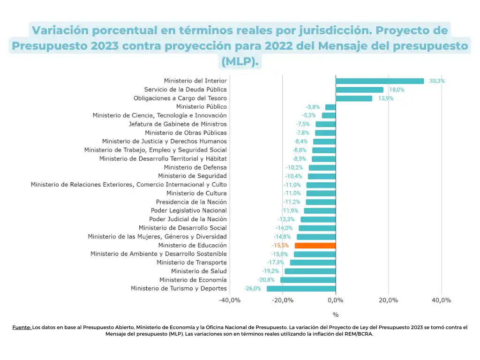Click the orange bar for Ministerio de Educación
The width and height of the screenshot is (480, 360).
(315, 245)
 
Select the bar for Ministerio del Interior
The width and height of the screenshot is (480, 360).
(380, 81)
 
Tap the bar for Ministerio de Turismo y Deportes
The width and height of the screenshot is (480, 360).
(301, 289)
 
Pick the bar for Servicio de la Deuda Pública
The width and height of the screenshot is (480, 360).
(360, 90)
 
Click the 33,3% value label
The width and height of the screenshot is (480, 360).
(437, 81)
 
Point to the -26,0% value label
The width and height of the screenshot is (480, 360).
(253, 289)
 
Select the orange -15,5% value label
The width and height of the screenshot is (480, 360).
(280, 245)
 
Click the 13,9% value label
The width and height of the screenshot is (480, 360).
(386, 98)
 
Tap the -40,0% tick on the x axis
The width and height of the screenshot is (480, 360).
(230, 300)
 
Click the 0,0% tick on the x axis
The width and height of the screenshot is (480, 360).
(336, 300)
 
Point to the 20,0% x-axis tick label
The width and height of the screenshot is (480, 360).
(389, 300)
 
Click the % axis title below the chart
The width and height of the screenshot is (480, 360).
(336, 315)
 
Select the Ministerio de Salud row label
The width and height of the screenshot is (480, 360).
(199, 271)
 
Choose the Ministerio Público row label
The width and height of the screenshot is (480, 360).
(201, 107)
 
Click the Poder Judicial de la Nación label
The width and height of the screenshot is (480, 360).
(188, 219)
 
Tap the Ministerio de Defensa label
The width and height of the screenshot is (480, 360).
(195, 167)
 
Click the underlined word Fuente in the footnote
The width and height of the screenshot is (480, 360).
(22, 328)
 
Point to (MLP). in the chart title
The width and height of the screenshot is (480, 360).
(240, 61)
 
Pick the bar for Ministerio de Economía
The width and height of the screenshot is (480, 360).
(308, 280)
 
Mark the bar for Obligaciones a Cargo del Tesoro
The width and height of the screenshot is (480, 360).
(354, 98)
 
